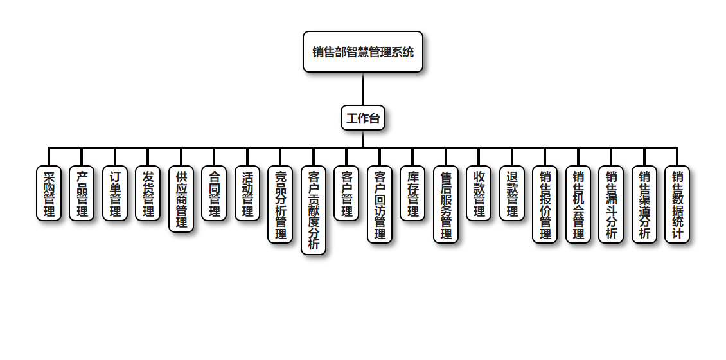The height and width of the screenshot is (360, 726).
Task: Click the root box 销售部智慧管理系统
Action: click(363, 52)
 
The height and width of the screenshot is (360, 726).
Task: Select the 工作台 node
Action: click(363, 118)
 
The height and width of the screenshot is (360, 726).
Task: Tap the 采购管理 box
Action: click(49, 194)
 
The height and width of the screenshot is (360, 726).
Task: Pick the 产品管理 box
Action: click(82, 194)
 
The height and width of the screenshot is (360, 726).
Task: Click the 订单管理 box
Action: click(115, 194)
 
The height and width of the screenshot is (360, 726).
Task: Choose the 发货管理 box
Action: click(148, 194)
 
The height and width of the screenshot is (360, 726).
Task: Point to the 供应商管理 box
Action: click(181, 199)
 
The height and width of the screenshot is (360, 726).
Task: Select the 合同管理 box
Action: click(214, 194)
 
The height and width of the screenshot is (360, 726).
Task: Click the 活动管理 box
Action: click(247, 194)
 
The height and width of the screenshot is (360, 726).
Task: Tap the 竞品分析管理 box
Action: click(280, 204)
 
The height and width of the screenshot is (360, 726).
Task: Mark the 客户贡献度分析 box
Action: click(314, 210)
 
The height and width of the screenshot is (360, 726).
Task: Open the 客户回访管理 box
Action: click(380, 204)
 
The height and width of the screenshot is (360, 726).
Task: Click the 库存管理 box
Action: click(412, 194)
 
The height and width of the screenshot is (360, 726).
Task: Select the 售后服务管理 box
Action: click(446, 204)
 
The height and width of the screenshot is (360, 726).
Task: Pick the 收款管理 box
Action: click(479, 194)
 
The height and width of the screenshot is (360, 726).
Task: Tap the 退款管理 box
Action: click(512, 194)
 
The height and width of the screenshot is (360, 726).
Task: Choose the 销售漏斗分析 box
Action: click(611, 204)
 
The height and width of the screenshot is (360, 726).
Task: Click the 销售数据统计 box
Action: click(677, 204)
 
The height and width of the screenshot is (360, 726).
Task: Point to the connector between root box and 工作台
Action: click(363, 89)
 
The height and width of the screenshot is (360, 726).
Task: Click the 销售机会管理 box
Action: click(578, 204)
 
